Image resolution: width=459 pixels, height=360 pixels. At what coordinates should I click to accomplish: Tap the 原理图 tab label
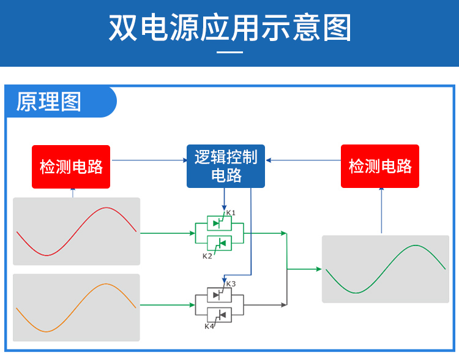(49, 102)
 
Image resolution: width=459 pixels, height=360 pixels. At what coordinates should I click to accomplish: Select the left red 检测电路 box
(71, 167)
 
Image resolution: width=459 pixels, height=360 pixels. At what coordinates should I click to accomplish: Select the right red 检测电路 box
(380, 166)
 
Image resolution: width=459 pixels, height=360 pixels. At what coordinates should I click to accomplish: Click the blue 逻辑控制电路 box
(226, 166)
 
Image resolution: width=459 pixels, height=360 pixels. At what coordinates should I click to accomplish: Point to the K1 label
(231, 213)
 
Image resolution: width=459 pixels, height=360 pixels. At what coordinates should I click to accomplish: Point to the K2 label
(207, 256)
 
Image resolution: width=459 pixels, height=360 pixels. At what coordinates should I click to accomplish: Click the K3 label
(231, 283)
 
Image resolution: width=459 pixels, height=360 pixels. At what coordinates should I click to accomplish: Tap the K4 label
(209, 326)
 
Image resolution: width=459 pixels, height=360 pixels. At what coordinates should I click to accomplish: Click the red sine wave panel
(76, 231)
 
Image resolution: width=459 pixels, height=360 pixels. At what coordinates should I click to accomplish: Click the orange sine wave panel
(76, 307)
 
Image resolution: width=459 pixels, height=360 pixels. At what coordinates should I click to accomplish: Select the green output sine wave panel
(386, 269)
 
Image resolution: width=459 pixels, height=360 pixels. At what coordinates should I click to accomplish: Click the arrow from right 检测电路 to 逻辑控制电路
(303, 160)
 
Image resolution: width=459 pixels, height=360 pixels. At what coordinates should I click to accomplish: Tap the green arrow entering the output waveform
(306, 269)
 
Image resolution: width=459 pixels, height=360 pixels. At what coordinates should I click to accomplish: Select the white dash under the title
(230, 52)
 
